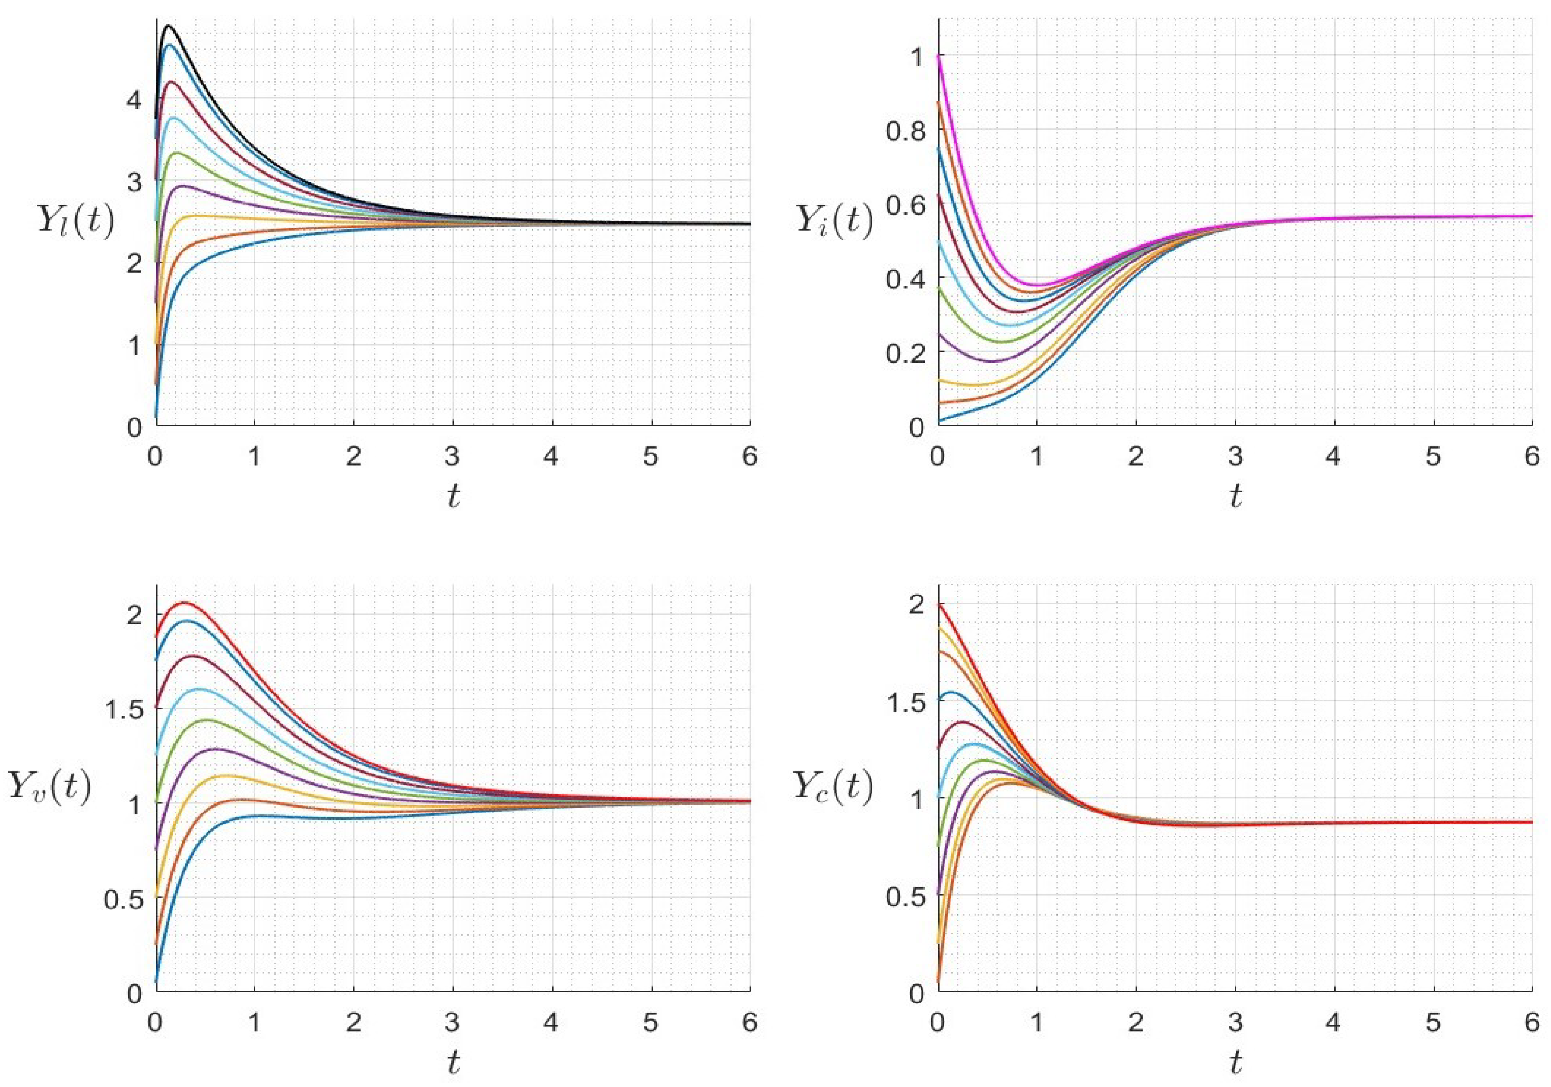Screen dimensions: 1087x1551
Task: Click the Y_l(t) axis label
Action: coord(74,221)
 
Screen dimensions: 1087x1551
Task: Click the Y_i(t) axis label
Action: coord(834,220)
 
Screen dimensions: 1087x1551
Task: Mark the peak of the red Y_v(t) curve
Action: coord(184,602)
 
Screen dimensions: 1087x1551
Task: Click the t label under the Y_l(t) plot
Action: coord(453,497)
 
